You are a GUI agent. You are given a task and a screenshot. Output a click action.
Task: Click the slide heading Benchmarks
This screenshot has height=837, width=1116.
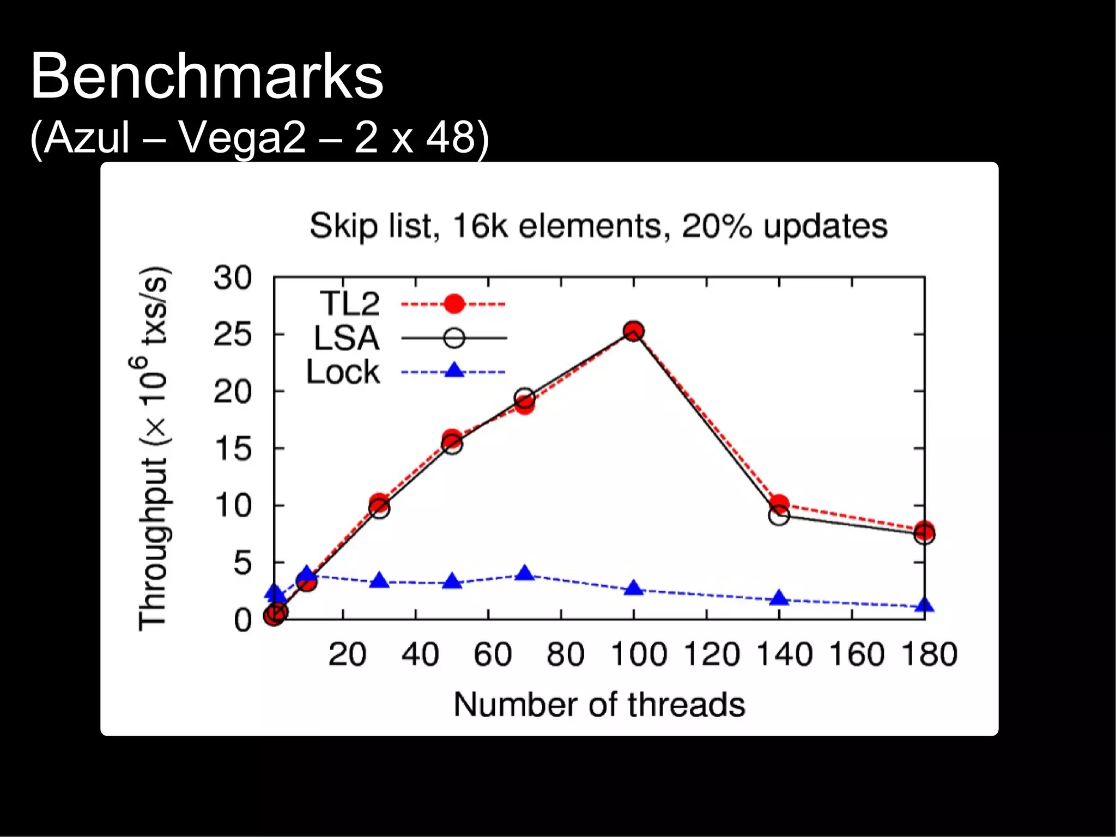207,76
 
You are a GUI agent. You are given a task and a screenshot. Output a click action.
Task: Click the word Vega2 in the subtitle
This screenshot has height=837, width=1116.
242,137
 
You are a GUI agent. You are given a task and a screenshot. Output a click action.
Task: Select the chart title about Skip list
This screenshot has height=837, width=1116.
598,226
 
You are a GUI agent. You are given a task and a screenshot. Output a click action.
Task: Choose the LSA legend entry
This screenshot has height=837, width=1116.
347,338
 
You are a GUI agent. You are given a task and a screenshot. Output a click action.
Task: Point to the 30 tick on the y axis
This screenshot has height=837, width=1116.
233,278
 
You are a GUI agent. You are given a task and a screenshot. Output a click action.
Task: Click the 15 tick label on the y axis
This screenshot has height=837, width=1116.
233,449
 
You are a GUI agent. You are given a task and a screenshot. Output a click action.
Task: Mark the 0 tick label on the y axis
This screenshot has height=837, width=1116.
242,620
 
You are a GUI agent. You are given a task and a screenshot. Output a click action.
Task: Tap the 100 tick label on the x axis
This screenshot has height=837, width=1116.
639,654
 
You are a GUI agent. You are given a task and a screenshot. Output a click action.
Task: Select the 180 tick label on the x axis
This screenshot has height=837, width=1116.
929,654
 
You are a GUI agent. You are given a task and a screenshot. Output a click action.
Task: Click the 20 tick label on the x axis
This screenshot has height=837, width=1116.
347,654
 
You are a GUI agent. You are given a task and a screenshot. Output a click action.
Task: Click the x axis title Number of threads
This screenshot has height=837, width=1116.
599,704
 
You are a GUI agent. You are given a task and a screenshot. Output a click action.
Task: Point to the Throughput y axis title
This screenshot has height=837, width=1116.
153,449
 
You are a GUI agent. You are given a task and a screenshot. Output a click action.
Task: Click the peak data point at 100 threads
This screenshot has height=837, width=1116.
633,331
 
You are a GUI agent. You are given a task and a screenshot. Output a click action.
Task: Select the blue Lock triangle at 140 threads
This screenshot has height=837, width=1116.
779,598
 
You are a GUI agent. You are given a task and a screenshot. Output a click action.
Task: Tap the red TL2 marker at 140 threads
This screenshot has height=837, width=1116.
779,504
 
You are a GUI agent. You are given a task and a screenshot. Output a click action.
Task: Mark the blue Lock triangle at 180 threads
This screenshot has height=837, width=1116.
925,605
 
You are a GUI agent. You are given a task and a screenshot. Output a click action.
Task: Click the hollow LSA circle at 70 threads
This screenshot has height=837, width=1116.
524,397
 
